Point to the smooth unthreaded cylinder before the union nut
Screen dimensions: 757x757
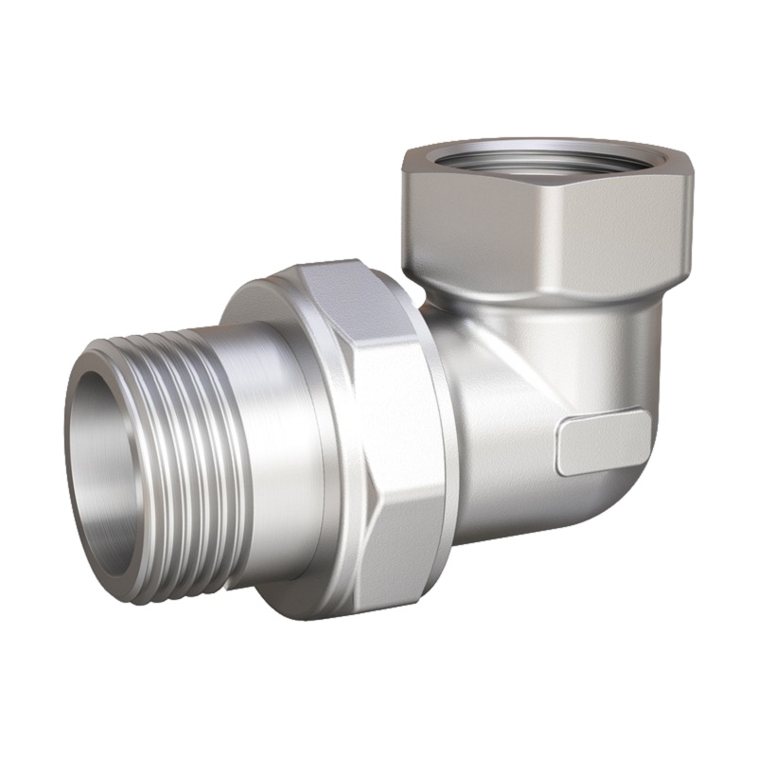[274, 445]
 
